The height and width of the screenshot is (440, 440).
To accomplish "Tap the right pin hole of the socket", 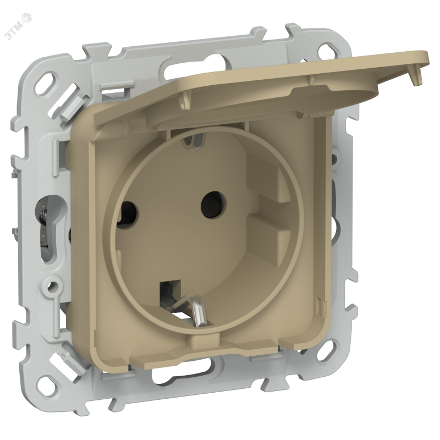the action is coord(213,204).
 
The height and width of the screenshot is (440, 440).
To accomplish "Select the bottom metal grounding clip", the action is coord(188,308).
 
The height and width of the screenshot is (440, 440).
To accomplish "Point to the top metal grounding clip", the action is coord(194,140).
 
